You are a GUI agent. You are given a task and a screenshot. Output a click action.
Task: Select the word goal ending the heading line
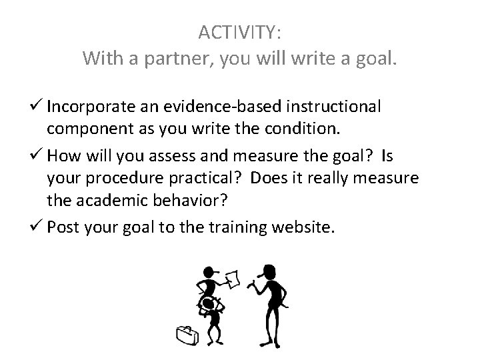pyautogui.click(x=375, y=59)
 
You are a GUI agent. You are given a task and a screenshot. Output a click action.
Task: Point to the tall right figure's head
pyautogui.click(x=270, y=271)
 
